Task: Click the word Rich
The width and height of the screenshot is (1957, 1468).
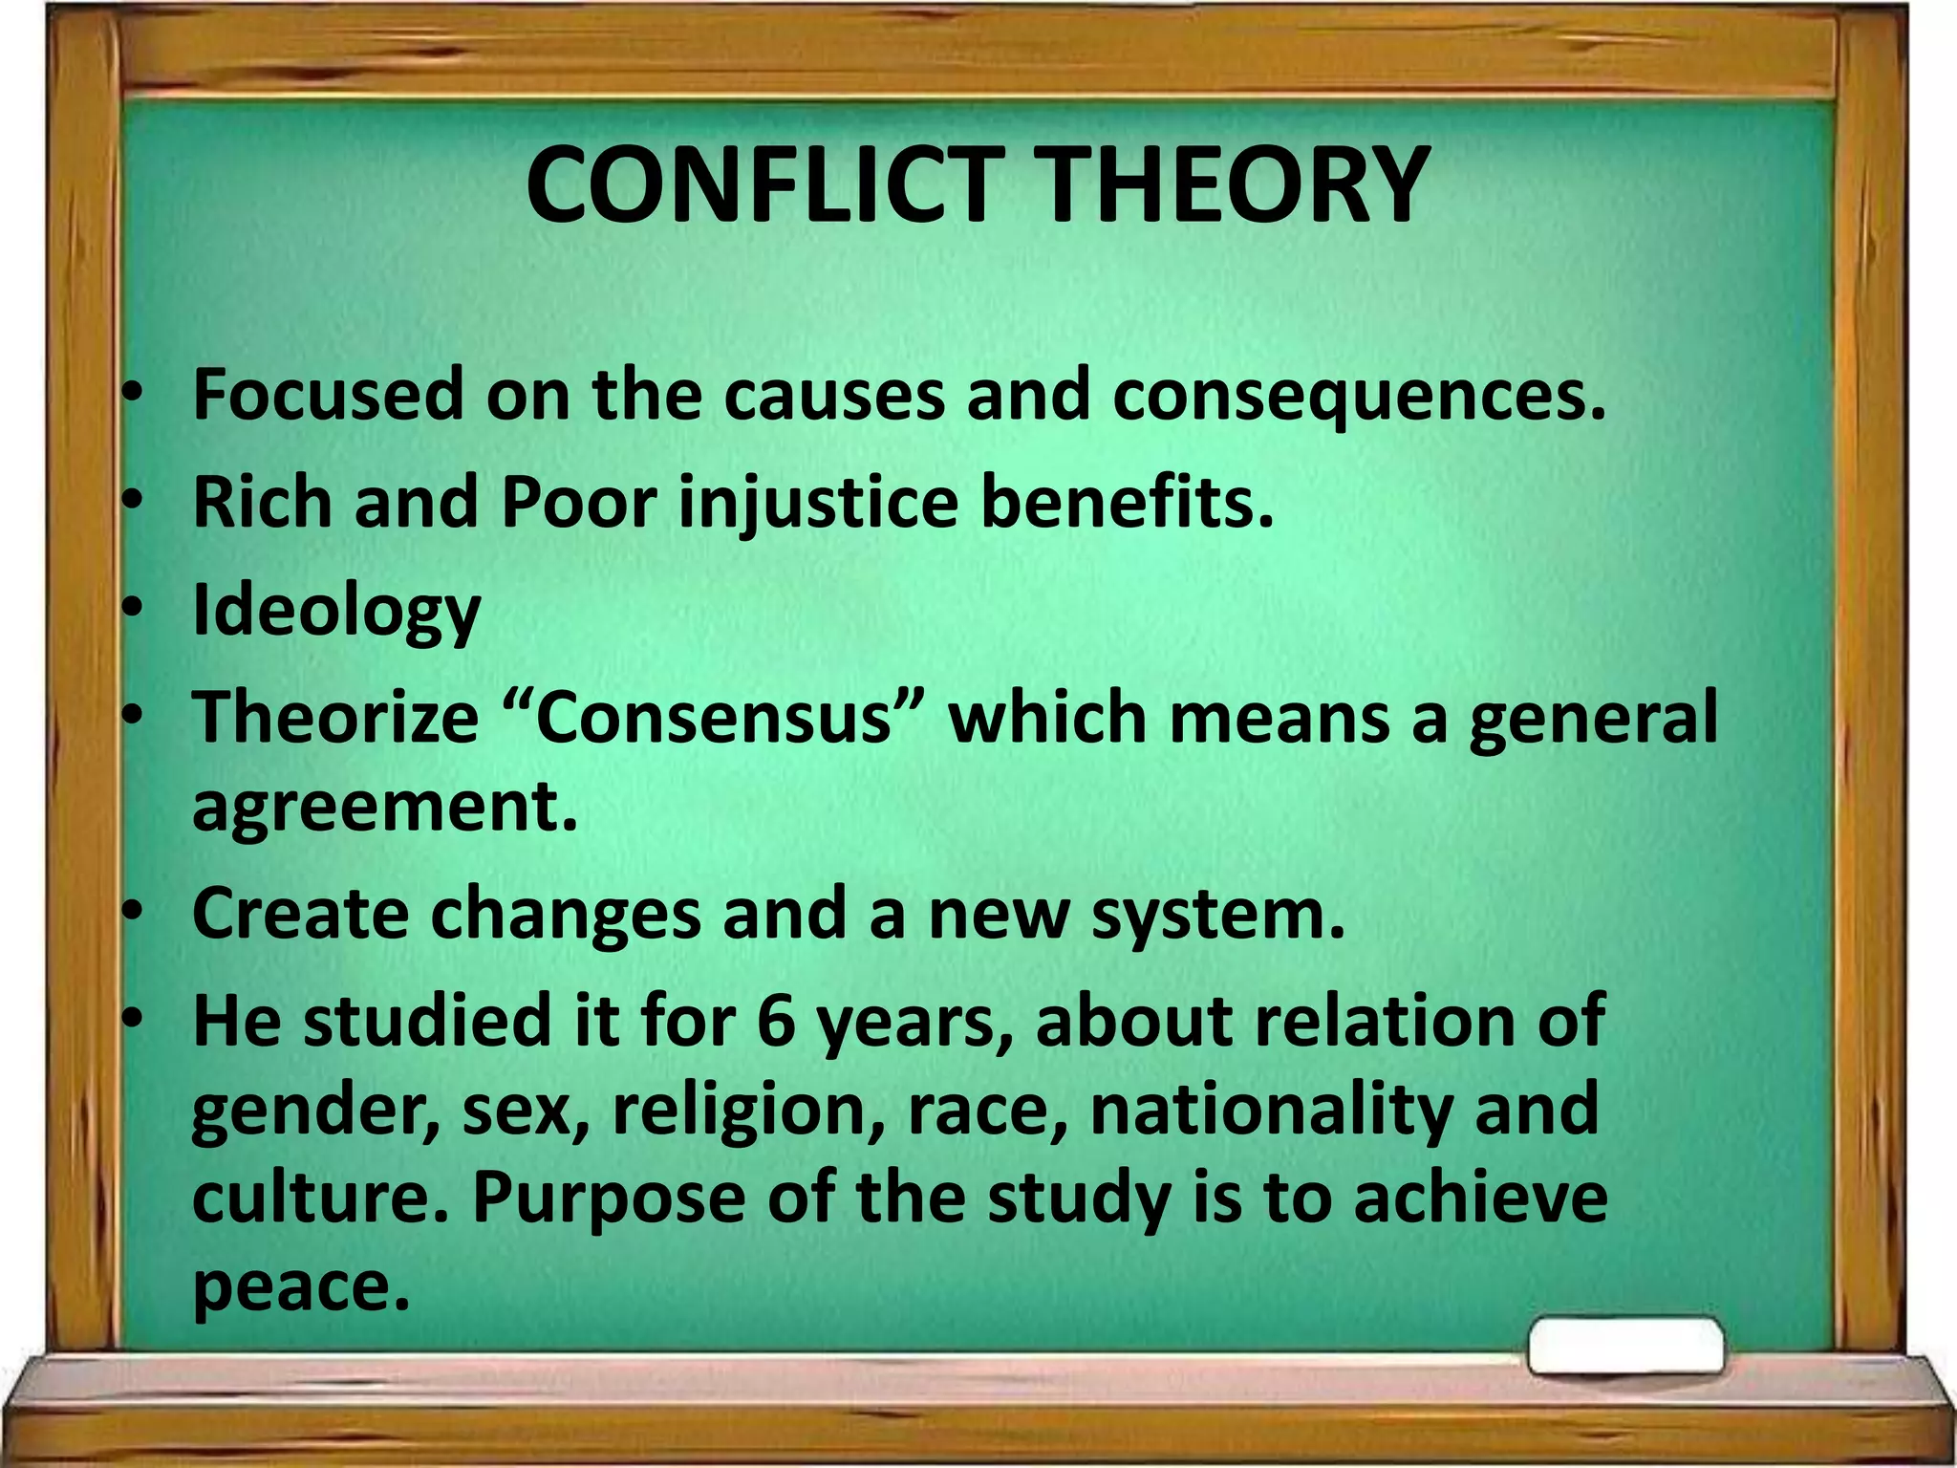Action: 261,502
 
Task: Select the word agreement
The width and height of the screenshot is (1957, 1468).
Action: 385,807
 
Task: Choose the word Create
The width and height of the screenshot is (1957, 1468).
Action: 301,914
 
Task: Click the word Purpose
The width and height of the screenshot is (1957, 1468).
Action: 608,1198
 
